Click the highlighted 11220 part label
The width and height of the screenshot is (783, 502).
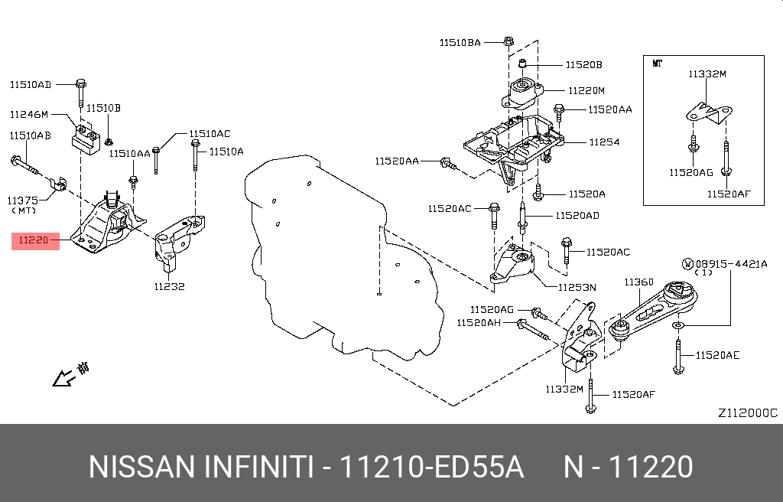point(34,240)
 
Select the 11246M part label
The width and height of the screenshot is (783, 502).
point(29,115)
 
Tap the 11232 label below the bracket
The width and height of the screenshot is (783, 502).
point(169,287)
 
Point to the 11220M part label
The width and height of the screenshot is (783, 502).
point(585,90)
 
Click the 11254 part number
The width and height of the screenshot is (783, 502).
point(604,142)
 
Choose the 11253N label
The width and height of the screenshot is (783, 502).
point(577,287)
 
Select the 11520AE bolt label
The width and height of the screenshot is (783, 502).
point(718,355)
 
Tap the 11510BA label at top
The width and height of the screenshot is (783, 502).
point(460,43)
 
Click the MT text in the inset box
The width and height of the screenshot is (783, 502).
point(657,64)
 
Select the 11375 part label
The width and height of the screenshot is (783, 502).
point(24,200)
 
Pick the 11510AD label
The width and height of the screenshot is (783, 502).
point(31,83)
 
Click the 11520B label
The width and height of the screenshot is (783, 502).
point(584,65)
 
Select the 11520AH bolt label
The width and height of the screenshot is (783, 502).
point(479,323)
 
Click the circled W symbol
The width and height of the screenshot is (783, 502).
point(688,264)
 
